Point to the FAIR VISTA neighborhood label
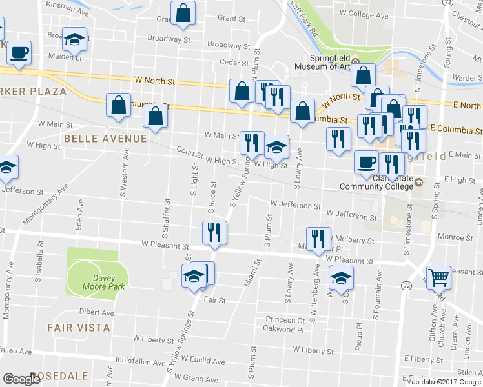79,328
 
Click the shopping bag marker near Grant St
183,13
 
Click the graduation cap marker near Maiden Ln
75,40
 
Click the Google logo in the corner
21,379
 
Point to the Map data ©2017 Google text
444,382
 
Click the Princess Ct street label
284,320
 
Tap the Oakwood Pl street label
283,329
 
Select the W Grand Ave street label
201,377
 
